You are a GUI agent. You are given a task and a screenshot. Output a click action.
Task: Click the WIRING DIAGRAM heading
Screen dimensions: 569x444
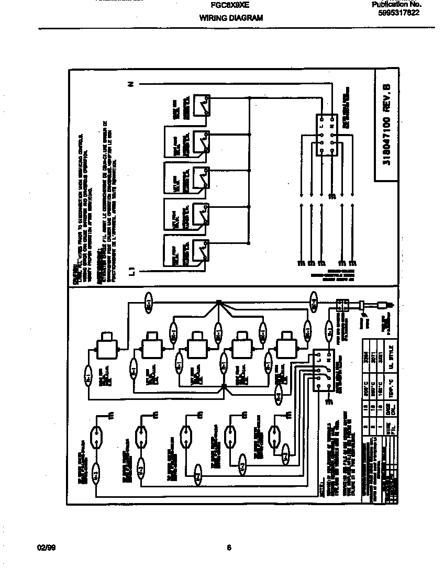[x=230, y=18]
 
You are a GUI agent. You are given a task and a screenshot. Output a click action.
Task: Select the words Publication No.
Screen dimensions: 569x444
[x=396, y=5]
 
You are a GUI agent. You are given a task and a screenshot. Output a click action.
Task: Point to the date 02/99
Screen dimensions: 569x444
[x=46, y=548]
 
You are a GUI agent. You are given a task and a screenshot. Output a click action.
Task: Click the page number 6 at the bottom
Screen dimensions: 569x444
[x=229, y=548]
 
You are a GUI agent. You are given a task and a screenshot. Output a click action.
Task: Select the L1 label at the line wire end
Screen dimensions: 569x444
[x=132, y=271]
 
